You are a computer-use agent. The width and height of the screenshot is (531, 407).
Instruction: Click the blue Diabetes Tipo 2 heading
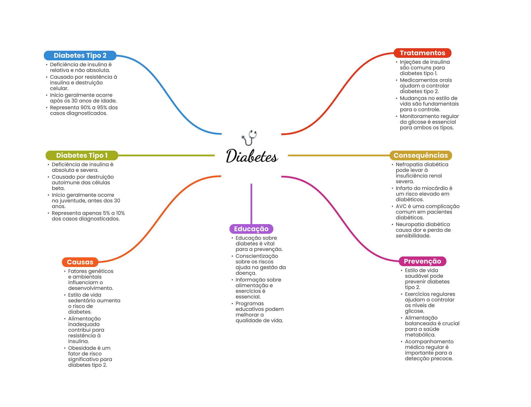[80, 56]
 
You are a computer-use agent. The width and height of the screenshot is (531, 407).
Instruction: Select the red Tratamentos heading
[422, 53]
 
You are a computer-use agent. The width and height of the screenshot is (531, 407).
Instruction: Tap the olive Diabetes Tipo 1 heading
[82, 155]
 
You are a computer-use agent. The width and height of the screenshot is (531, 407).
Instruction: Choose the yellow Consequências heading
[421, 155]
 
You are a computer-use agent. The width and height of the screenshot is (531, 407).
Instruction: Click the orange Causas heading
[80, 262]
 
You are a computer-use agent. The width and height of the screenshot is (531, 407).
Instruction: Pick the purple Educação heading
[251, 229]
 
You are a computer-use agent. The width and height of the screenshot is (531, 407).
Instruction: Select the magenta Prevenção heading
[422, 261]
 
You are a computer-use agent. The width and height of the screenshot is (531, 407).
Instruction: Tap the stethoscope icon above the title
[249, 138]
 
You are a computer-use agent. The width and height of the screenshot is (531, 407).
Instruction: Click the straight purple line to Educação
[251, 204]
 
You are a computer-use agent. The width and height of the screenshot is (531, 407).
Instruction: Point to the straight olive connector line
[166, 155]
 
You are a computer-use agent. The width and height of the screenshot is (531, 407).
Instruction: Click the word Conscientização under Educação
[257, 256]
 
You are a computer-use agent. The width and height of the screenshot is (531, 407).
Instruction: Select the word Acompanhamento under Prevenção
[429, 342]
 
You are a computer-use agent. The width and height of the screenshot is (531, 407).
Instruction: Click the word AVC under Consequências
[401, 206]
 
